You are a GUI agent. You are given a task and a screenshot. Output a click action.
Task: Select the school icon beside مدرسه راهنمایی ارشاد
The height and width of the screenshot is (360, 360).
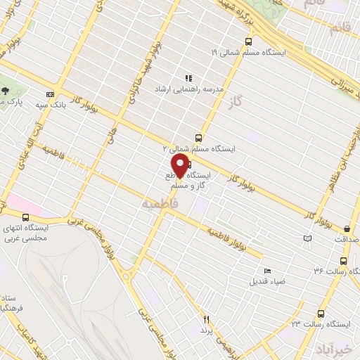[x=188, y=77]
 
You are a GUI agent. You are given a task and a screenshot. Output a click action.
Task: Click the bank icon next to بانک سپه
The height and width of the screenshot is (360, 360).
[x=50, y=94]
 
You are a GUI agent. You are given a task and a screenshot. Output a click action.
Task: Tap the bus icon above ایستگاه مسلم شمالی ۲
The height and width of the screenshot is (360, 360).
[x=198, y=139]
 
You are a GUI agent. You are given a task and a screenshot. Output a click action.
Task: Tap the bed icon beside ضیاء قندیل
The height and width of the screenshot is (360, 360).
[x=266, y=271]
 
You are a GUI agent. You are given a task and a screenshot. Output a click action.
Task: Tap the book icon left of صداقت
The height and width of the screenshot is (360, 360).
[x=306, y=240]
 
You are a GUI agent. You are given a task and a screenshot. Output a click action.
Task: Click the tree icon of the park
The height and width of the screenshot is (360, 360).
[x=6, y=91]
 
